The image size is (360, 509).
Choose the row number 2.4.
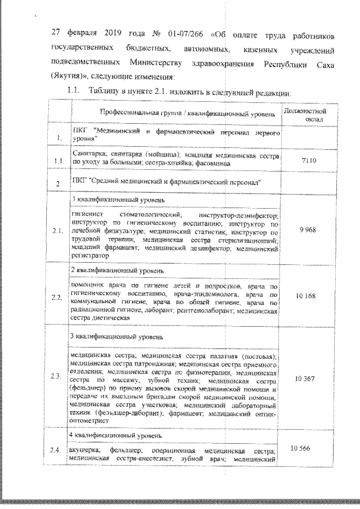click(55, 450)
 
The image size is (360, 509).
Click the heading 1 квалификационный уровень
click(115, 200)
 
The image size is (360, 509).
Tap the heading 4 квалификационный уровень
click(115, 436)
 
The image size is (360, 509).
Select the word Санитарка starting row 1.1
click(85, 153)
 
